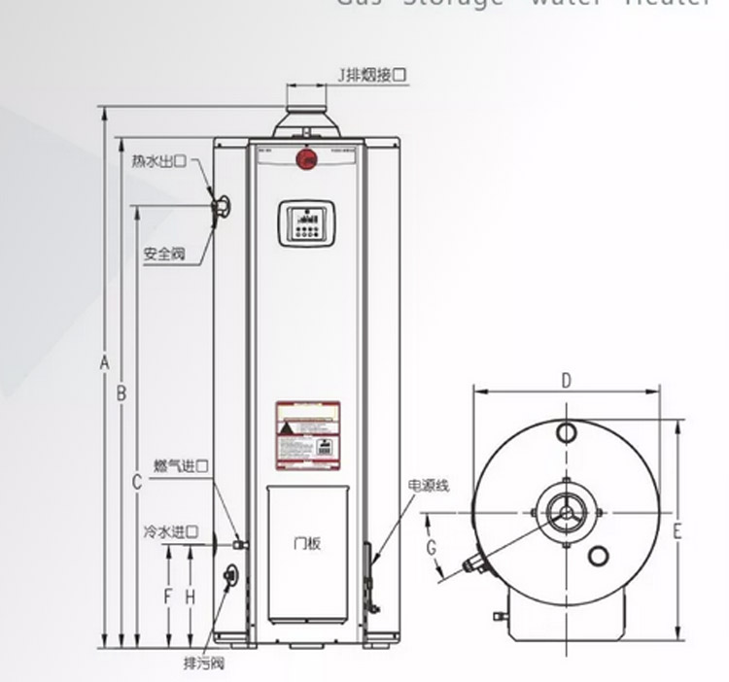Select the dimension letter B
pos(121,393)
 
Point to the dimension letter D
pos(567,381)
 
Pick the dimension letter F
pos(168,595)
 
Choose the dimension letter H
pos(191,595)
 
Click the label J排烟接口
pos(370,74)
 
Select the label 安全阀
pos(163,254)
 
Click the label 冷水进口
pos(171,532)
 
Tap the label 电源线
pos(429,485)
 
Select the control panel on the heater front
pos(306,223)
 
